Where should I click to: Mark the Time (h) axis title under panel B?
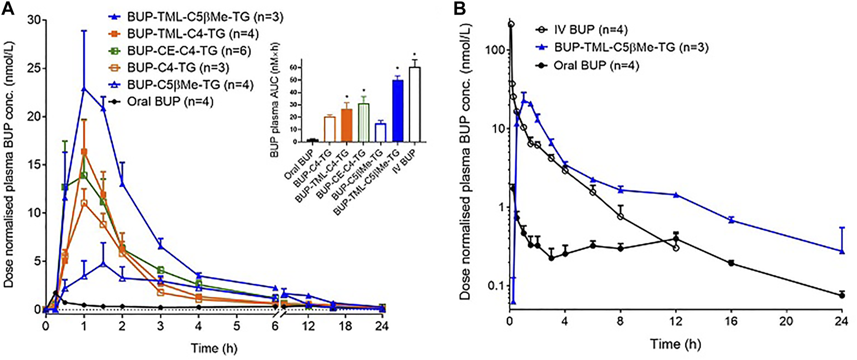pos(675,345)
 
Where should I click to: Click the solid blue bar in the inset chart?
pos(398,110)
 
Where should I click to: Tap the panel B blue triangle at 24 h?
pos(842,251)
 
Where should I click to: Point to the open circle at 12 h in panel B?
pos(676,248)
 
